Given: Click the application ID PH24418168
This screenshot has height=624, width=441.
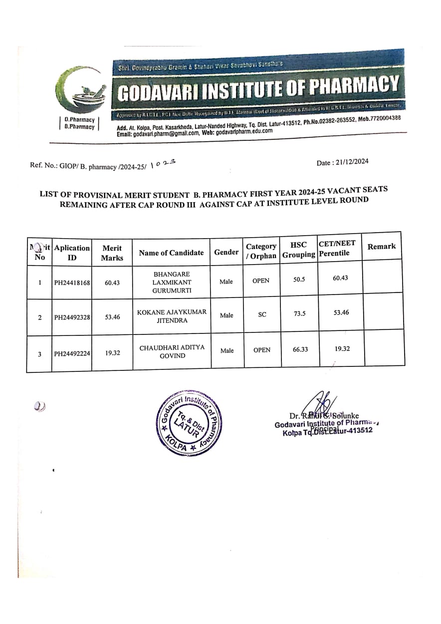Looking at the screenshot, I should pyautogui.click(x=72, y=283).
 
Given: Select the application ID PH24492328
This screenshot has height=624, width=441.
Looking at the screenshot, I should pyautogui.click(x=72, y=317).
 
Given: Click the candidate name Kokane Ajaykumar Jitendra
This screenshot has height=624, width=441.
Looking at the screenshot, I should pyautogui.click(x=172, y=316).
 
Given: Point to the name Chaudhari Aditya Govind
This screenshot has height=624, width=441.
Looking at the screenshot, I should pyautogui.click(x=172, y=351).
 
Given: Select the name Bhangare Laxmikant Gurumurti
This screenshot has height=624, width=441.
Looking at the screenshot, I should pyautogui.click(x=172, y=282).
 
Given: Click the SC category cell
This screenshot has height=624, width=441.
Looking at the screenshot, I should pyautogui.click(x=262, y=314).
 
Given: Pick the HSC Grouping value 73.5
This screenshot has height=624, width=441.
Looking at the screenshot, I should pyautogui.click(x=299, y=313).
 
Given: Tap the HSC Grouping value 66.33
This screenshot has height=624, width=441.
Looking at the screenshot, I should pyautogui.click(x=300, y=348).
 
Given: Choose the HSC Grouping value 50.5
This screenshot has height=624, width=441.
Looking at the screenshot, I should pyautogui.click(x=299, y=280).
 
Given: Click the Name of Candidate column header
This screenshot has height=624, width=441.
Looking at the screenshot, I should pyautogui.click(x=171, y=253).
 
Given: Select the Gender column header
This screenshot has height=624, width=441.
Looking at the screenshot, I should pyautogui.click(x=226, y=252).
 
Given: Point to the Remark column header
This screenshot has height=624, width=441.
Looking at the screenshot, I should pyautogui.click(x=381, y=246).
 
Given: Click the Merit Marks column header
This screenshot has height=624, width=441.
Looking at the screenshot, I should pyautogui.click(x=112, y=253).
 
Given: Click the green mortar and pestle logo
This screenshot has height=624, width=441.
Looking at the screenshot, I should pyautogui.click(x=83, y=92).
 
